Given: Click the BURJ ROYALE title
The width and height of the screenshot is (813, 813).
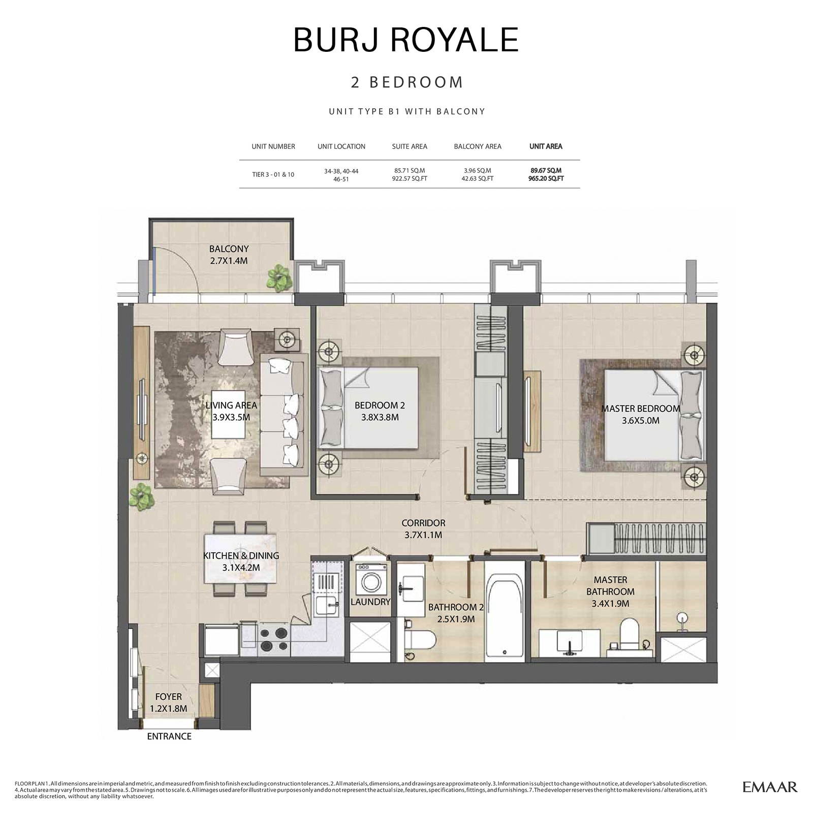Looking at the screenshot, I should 406,40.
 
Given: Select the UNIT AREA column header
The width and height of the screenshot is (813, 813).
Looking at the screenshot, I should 546,146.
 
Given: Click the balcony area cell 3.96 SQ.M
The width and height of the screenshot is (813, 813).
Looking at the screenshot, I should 477,171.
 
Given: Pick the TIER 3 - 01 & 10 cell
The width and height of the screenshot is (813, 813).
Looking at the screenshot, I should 273,174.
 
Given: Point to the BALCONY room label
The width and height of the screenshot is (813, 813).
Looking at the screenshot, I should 229,249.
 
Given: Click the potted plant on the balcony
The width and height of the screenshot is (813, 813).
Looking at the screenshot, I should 280,278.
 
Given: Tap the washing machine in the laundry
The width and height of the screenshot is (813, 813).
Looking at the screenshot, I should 369,580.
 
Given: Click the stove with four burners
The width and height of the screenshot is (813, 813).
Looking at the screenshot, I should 274,640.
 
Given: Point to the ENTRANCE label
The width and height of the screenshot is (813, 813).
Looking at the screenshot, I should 169,736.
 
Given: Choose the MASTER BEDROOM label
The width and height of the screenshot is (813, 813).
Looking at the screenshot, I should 640,409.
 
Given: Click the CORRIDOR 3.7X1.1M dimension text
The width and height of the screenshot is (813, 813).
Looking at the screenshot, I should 423,535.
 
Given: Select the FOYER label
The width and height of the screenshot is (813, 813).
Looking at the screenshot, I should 168,697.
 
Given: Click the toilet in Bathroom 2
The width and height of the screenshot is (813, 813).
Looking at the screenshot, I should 421,639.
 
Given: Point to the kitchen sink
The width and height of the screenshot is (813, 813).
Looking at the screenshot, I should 325,605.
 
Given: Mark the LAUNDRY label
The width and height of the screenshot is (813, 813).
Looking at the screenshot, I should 370,602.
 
